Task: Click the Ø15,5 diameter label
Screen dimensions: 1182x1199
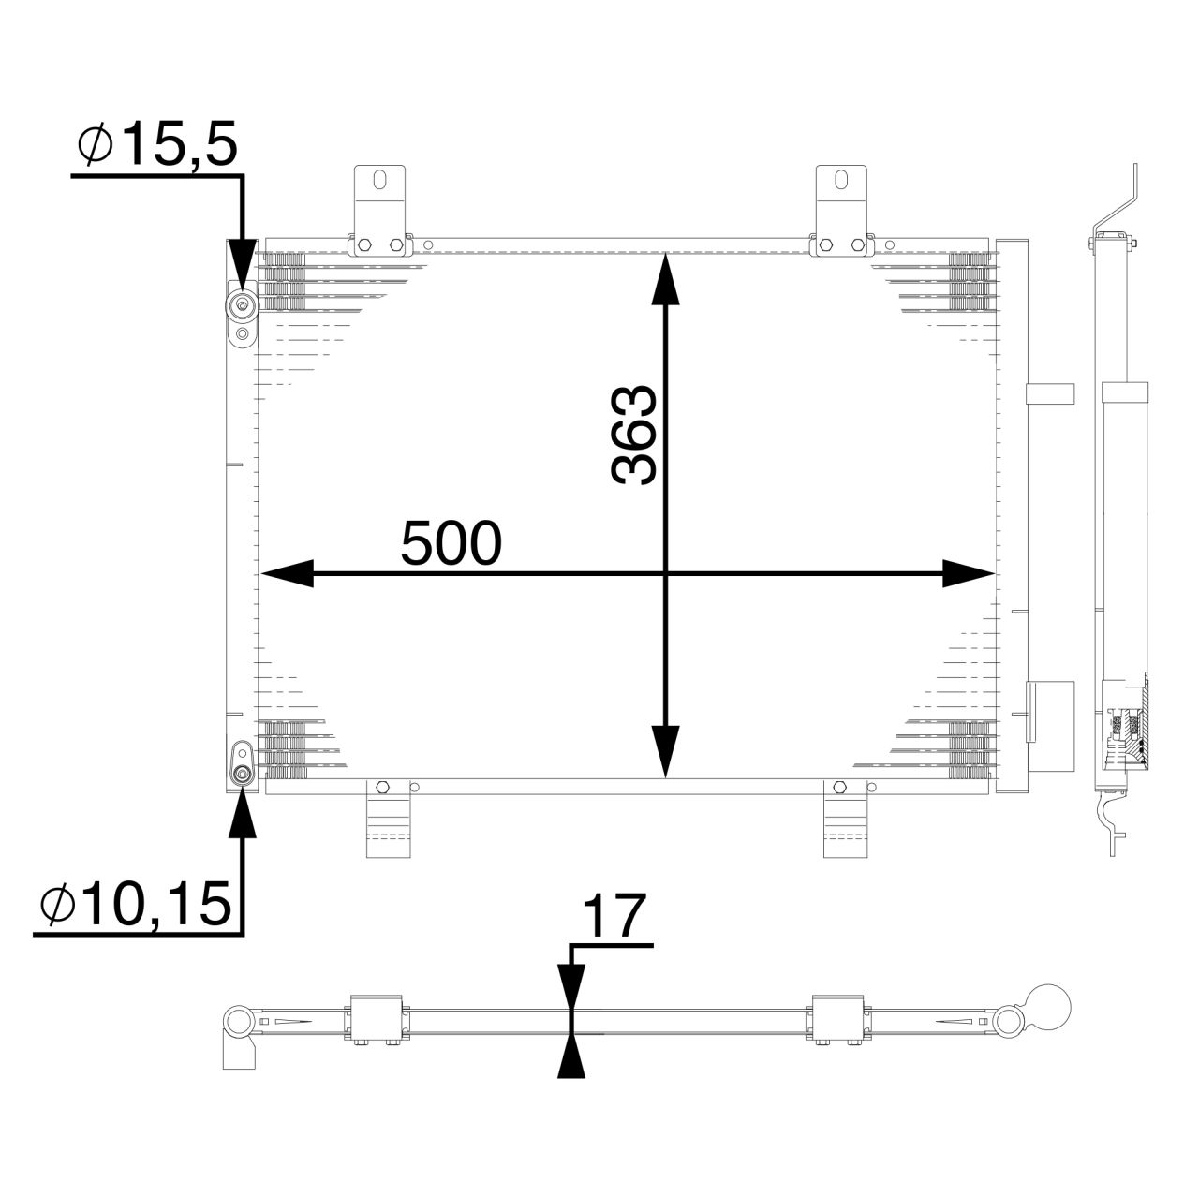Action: (x=157, y=146)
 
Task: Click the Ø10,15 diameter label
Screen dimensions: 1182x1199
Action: (x=136, y=905)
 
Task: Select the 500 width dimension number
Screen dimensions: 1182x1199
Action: (x=451, y=544)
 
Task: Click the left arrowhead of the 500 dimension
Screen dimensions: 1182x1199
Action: (x=286, y=574)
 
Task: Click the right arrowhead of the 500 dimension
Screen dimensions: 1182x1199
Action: (x=967, y=574)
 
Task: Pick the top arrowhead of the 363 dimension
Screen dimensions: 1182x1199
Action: (x=665, y=277)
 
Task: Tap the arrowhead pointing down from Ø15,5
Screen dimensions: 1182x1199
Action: (x=243, y=264)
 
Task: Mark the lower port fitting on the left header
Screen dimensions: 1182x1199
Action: (x=243, y=773)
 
